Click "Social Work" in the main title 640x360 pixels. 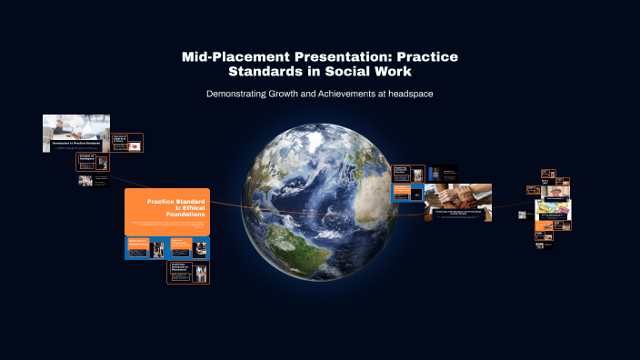(373, 71)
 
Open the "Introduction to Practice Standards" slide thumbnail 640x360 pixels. (75, 133)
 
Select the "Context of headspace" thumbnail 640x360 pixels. (92, 162)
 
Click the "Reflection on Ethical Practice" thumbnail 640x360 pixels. (145, 248)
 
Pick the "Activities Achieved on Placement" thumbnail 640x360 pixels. (188, 272)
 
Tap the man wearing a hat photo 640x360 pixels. (552, 193)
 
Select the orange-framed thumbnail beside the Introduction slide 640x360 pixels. (126, 143)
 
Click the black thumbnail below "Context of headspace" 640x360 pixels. (92, 181)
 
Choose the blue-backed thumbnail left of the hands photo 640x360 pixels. (406, 193)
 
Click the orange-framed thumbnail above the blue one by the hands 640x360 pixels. (407, 174)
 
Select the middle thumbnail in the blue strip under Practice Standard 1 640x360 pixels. (188, 248)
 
